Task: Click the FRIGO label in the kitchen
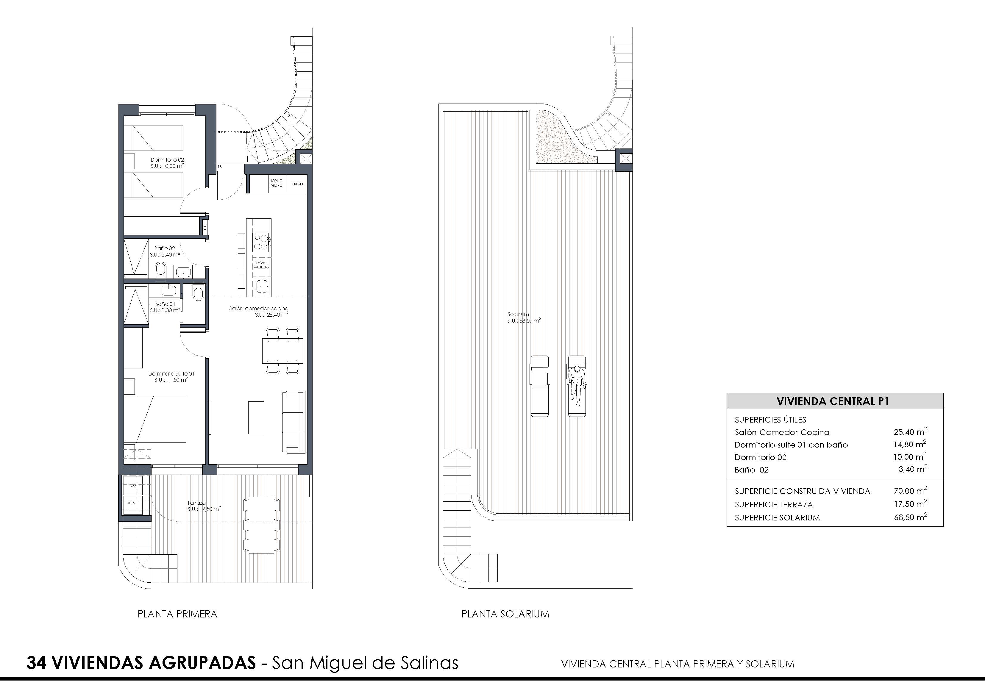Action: tap(297, 184)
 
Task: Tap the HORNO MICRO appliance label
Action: tap(276, 183)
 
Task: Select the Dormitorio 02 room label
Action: tap(167, 159)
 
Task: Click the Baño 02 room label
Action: tap(165, 248)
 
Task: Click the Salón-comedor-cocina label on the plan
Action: tap(259, 308)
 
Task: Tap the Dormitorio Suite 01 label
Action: tap(171, 373)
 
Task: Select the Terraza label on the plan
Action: tap(196, 503)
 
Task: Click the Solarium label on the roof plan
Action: tap(518, 314)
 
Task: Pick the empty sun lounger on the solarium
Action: tap(540, 386)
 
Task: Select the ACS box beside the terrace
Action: tap(132, 503)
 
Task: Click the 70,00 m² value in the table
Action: tap(910, 491)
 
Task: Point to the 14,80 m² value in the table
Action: tap(910, 444)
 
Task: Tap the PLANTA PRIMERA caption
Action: tap(177, 614)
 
